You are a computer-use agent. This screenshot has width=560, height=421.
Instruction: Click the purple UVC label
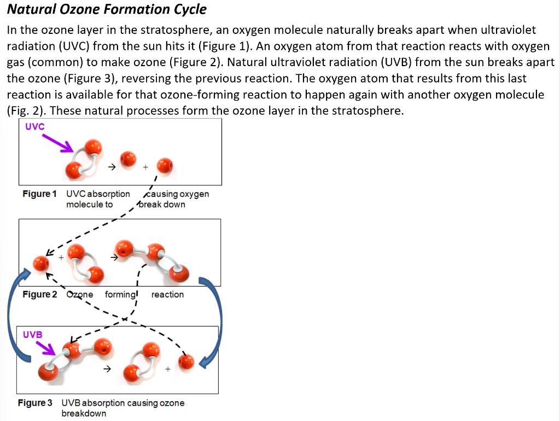coord(34,126)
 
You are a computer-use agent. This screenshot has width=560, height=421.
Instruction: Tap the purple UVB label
coord(33,334)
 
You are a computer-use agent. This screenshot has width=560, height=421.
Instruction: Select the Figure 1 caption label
coord(39,194)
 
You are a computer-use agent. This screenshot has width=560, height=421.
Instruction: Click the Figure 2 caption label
coord(39,295)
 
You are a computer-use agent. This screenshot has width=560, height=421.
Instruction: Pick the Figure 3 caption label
coord(35,403)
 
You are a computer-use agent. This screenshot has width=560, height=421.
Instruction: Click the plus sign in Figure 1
coord(145,167)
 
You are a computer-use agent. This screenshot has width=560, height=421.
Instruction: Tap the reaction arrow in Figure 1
coord(111,167)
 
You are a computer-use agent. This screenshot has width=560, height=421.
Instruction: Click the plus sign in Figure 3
coord(167,369)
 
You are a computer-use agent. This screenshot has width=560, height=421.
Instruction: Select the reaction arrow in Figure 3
coord(108,369)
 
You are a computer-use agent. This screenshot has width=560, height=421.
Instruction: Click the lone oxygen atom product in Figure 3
coord(186,361)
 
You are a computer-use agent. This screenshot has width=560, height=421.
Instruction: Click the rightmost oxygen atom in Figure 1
coord(165,165)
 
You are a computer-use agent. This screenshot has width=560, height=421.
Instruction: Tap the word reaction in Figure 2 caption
coord(167,295)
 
